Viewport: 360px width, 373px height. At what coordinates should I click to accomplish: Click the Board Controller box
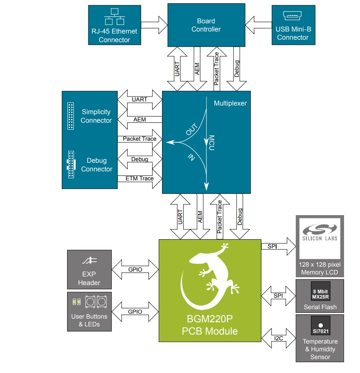coord(206,25)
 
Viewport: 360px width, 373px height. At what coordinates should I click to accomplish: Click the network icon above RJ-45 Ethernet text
coord(115,16)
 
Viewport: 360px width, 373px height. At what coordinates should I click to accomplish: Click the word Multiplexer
coord(230,103)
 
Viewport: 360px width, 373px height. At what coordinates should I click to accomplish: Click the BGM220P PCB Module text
coord(209,325)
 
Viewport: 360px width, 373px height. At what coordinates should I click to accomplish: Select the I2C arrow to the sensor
coord(278,337)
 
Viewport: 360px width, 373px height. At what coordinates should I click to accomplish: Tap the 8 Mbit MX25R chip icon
coord(320,293)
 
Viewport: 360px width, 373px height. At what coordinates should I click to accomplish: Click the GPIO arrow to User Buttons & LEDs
coord(135,312)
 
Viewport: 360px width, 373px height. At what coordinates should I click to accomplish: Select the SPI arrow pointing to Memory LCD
coord(278,247)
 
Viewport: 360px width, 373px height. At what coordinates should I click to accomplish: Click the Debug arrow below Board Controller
coord(237,69)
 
